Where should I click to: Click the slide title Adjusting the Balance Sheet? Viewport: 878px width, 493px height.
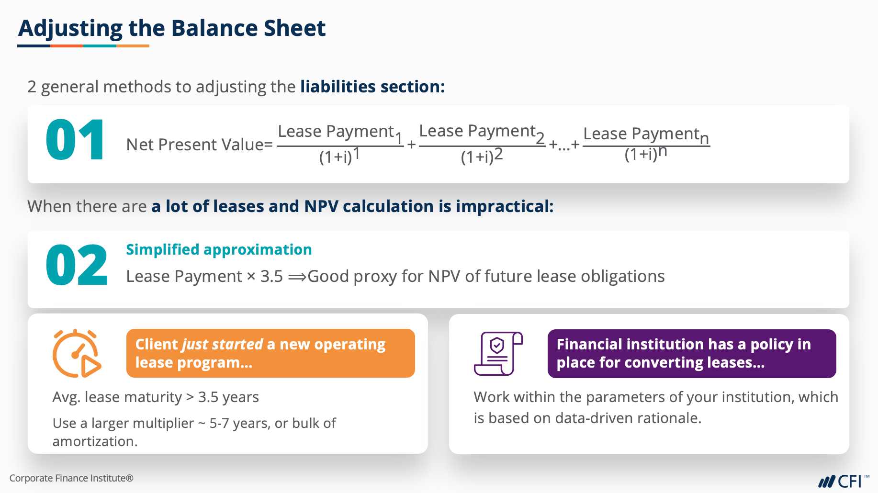click(x=172, y=29)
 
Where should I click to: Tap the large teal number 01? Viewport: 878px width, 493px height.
click(x=75, y=141)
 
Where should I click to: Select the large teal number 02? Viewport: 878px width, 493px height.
click(x=77, y=265)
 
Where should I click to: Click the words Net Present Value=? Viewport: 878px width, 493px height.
click(x=200, y=145)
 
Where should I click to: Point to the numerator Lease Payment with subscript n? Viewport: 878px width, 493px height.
click(x=646, y=135)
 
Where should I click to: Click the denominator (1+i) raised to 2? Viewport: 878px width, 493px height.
click(x=482, y=156)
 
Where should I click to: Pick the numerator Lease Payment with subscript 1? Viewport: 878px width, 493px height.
click(x=340, y=133)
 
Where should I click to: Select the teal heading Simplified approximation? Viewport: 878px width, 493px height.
click(x=219, y=250)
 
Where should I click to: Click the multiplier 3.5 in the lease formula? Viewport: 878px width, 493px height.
click(x=271, y=276)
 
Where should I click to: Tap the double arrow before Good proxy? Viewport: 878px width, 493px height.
click(x=297, y=277)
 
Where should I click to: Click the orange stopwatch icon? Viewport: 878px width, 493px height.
click(x=77, y=353)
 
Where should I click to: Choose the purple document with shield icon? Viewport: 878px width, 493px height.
click(x=498, y=354)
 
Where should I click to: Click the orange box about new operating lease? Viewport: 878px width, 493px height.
click(x=270, y=353)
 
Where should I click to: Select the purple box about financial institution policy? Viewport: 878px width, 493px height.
click(x=692, y=354)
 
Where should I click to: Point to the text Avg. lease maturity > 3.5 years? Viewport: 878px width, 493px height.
click(x=156, y=397)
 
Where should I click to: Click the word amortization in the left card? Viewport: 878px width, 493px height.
click(x=95, y=441)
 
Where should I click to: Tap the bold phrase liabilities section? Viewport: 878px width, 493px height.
click(x=372, y=87)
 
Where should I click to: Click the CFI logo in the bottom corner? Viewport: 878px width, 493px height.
click(x=844, y=481)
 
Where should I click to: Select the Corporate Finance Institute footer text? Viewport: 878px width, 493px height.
click(x=71, y=478)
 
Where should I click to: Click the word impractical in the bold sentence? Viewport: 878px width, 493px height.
click(x=505, y=207)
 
